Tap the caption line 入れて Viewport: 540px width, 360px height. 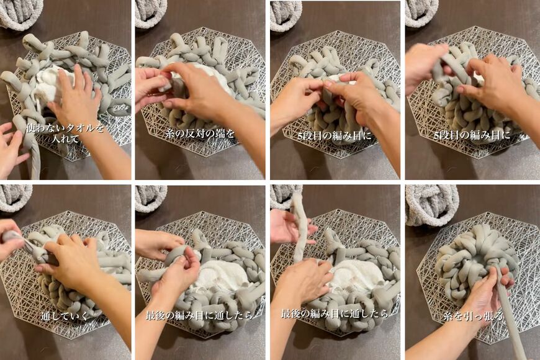click(65, 139)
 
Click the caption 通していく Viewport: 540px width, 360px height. click(65, 315)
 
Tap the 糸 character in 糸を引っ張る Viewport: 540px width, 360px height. click(448, 315)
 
